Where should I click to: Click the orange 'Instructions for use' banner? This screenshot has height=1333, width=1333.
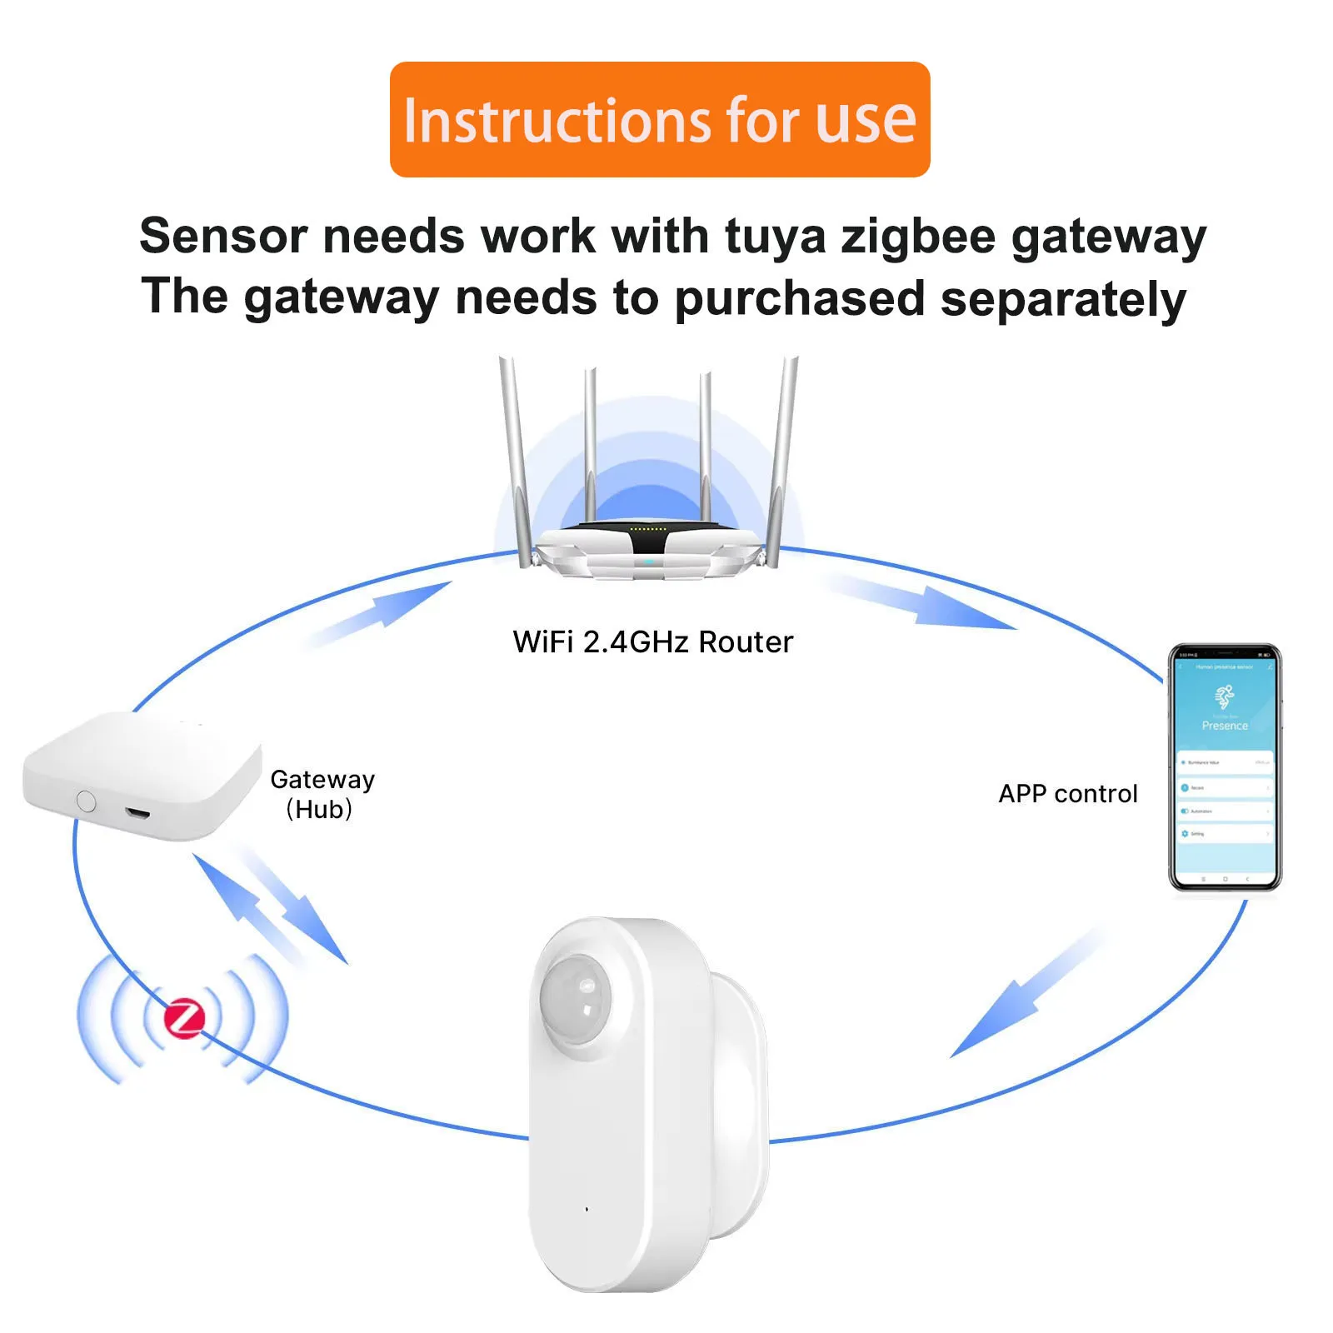659,119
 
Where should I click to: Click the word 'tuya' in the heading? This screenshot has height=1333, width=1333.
775,237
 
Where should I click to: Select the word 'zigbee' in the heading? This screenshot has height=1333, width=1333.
918,237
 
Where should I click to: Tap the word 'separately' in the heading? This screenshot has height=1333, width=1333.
1063,298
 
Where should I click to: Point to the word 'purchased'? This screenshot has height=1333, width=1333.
800,298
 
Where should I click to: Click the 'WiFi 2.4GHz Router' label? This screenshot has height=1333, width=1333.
652,642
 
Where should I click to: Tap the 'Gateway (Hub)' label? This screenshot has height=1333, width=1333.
322,793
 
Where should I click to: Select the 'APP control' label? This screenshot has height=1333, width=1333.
1067,794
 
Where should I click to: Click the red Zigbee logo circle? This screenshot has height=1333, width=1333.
184,1018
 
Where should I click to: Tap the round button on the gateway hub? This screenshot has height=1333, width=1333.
86,801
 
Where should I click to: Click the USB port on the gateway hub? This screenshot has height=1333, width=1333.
138,811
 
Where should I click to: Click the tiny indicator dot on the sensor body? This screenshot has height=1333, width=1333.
587,1209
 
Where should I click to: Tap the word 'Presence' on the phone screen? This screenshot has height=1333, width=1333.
1225,726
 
